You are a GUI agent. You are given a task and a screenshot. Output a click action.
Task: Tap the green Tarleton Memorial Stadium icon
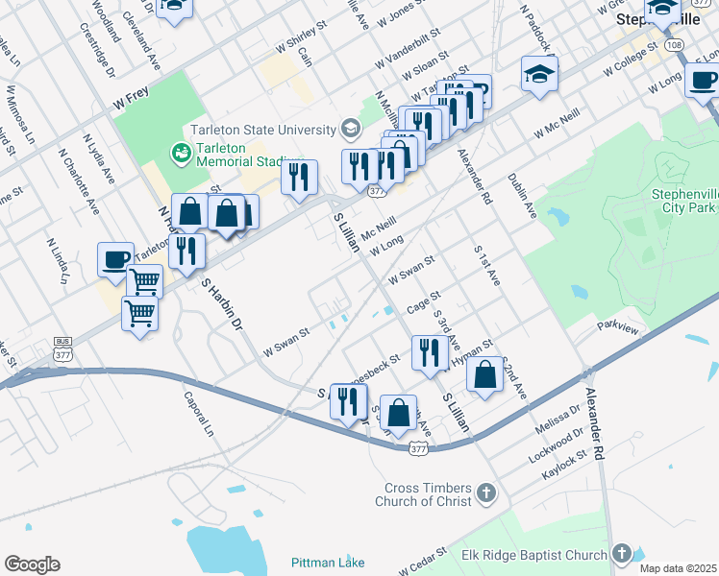click(179, 153)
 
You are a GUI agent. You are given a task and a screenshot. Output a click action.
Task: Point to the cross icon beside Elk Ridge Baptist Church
click(622, 554)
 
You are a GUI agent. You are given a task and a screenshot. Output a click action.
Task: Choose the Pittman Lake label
click(327, 562)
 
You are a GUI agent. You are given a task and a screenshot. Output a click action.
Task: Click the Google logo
click(32, 564)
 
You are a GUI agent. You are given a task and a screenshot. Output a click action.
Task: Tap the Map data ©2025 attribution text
click(678, 568)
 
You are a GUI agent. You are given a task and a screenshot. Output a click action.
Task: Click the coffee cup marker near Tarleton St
click(115, 259)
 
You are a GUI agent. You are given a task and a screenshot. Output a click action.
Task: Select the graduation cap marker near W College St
click(540, 74)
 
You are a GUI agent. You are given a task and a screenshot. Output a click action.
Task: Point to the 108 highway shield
click(674, 45)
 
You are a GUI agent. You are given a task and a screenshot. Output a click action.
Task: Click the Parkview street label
click(617, 327)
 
